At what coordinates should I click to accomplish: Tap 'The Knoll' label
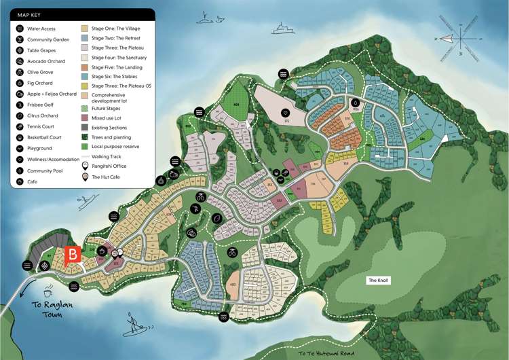point(379,281)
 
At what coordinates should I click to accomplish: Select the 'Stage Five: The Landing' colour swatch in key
point(86,68)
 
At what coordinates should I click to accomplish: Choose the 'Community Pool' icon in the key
point(20,170)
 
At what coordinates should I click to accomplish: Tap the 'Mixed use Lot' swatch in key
point(86,117)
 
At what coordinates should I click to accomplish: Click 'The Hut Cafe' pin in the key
point(86,176)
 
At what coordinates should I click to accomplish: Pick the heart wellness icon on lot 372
point(286,112)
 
